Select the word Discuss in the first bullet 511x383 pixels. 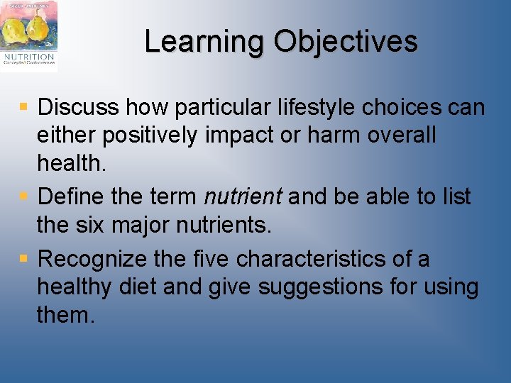click(x=79, y=108)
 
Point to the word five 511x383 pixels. click(x=211, y=259)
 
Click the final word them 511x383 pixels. click(x=65, y=315)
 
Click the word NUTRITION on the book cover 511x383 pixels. click(x=28, y=56)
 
